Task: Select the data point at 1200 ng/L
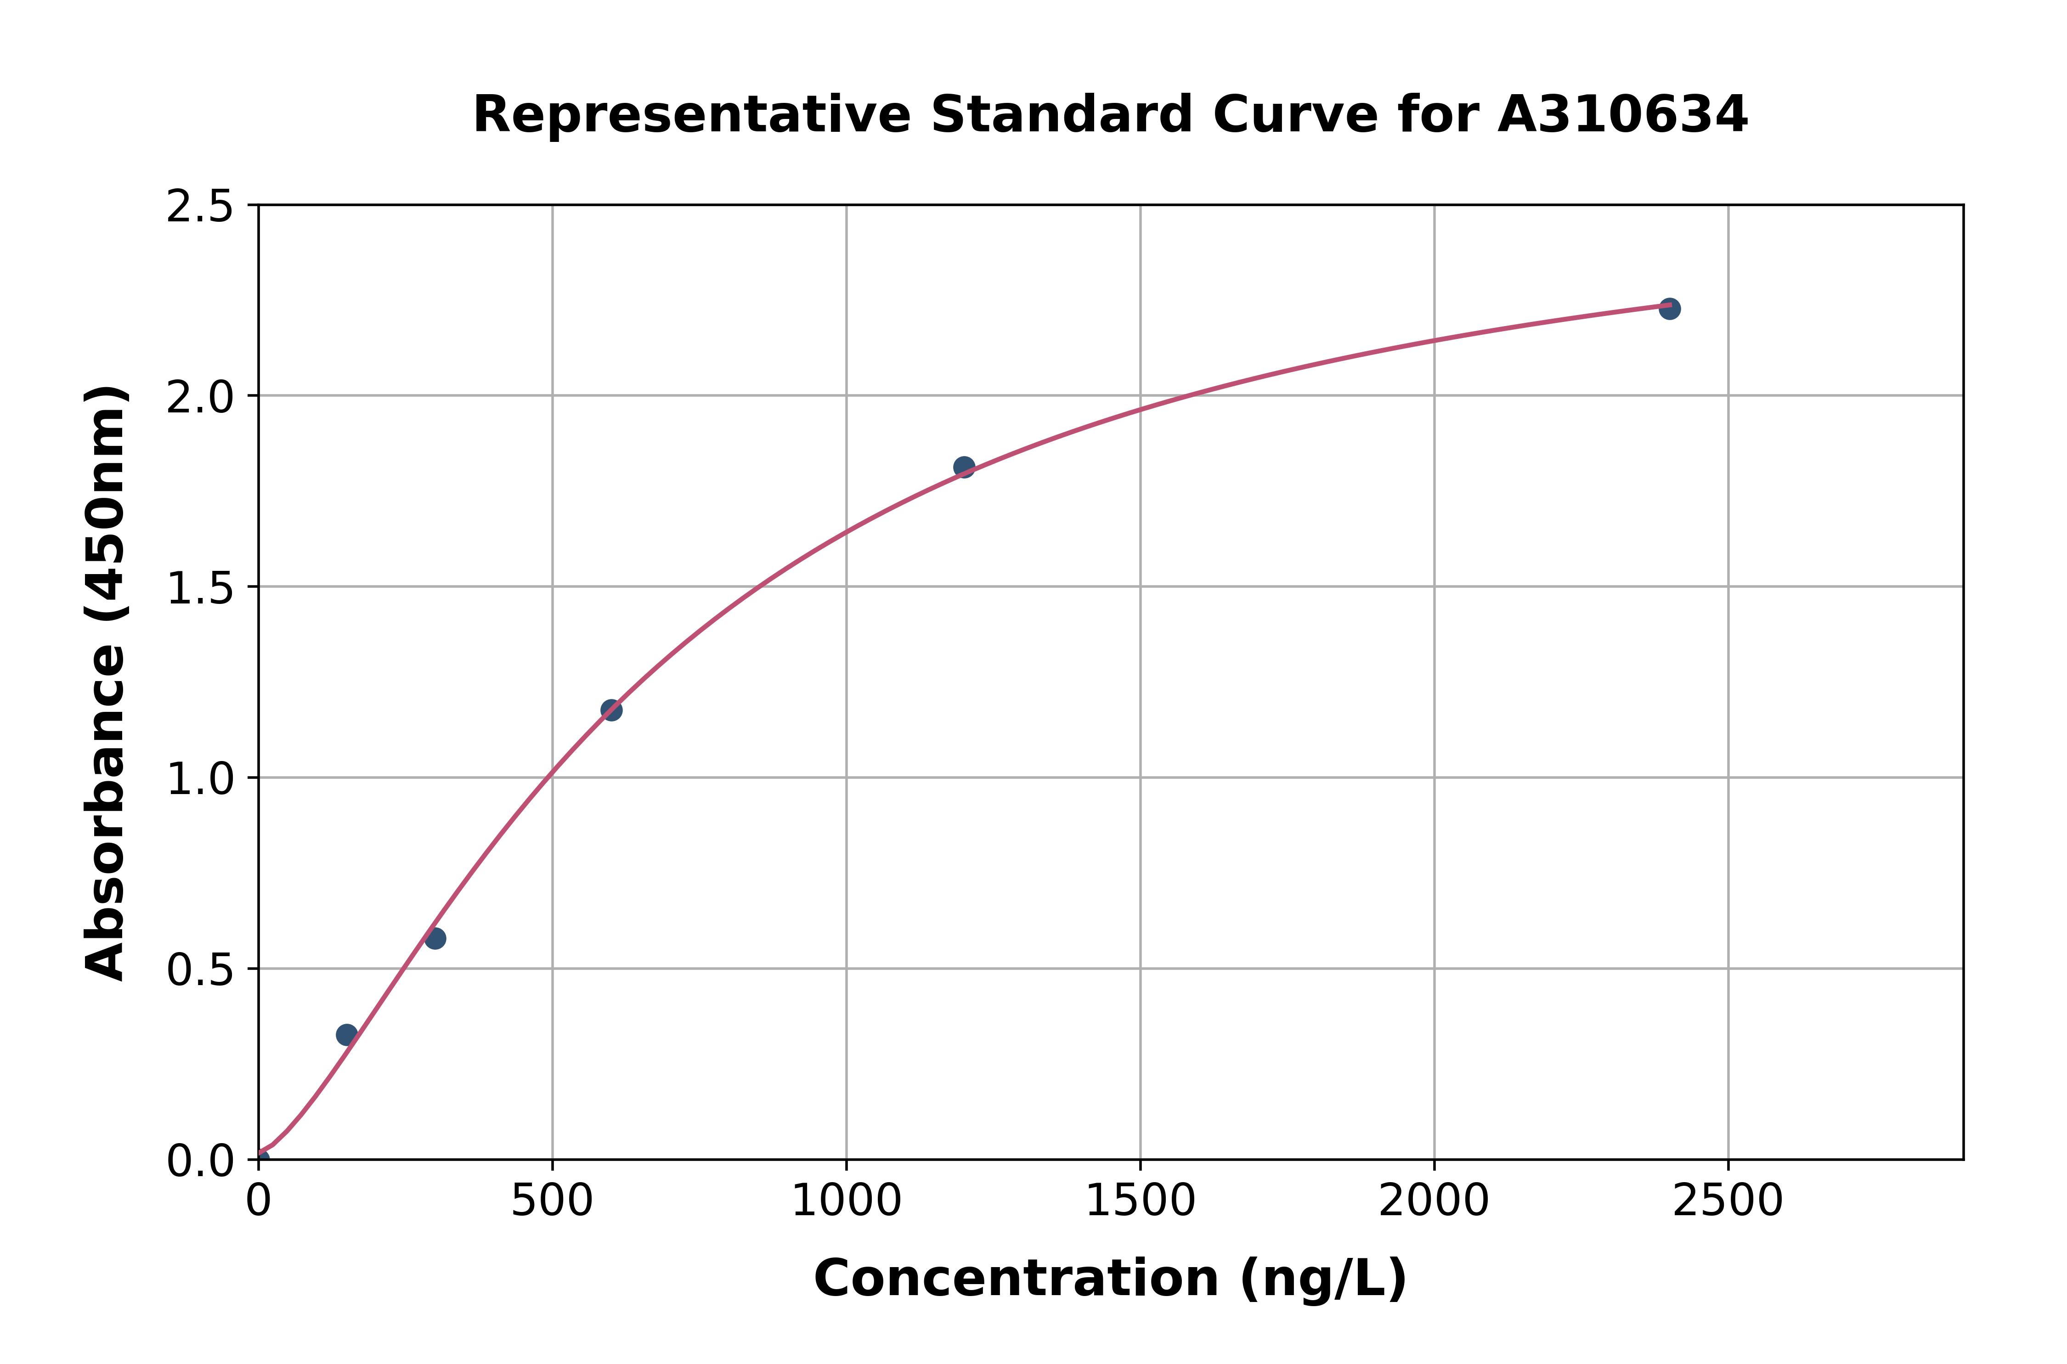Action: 964,467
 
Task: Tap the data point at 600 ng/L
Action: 611,710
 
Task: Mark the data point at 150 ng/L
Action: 346,1034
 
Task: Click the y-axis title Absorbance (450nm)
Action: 106,683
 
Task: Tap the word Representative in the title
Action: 692,115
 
